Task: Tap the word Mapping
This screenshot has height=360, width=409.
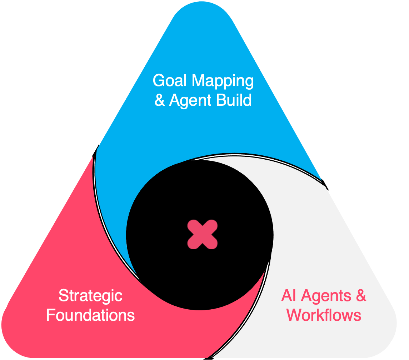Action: click(x=223, y=81)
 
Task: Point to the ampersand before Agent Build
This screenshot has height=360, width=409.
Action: click(x=160, y=100)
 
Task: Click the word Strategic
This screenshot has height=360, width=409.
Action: click(x=90, y=296)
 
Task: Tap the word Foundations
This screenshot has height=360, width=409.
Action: click(x=90, y=315)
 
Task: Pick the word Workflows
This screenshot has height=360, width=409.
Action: click(x=324, y=315)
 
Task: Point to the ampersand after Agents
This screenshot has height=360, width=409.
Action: click(x=361, y=296)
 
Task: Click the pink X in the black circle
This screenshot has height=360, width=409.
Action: click(x=203, y=235)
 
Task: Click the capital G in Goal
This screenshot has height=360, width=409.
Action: click(x=159, y=80)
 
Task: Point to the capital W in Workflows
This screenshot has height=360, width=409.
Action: click(x=296, y=315)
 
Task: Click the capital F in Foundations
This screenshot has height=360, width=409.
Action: click(x=51, y=315)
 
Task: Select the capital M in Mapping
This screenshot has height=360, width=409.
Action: click(x=199, y=80)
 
